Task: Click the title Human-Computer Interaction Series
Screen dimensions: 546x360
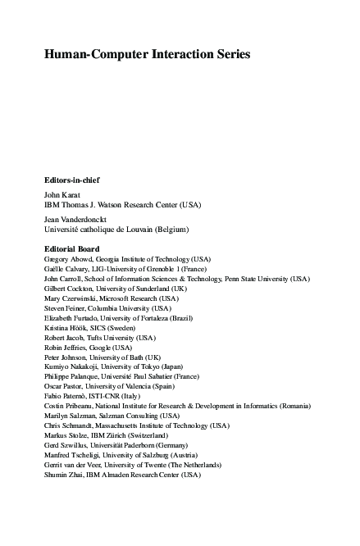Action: [x=147, y=55]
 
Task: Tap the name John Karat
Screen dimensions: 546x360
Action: [x=62, y=194]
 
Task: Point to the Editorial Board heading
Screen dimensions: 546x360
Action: [x=71, y=248]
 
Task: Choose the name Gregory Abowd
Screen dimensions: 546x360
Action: [x=66, y=258]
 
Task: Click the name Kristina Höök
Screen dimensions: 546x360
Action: [x=65, y=328]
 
